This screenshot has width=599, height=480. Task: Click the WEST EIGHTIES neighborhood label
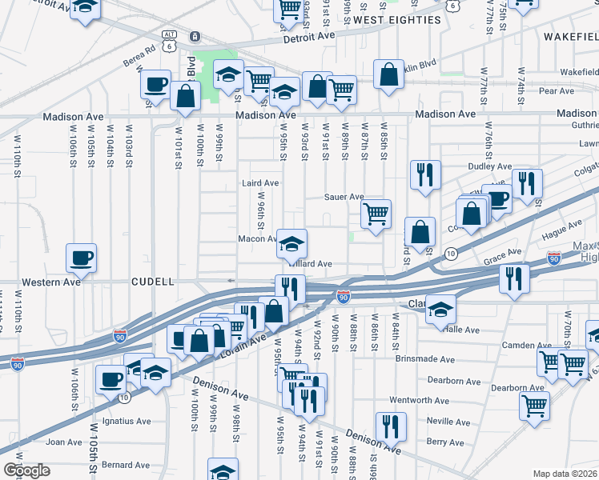pyautogui.click(x=397, y=20)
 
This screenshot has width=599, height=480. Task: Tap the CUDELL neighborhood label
pyautogui.click(x=153, y=282)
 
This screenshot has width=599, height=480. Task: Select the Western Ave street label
pyautogui.click(x=51, y=282)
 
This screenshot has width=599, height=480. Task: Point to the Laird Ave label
pyautogui.click(x=260, y=183)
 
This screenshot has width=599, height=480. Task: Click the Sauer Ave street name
pyautogui.click(x=344, y=197)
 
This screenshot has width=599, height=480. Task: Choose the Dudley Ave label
pyautogui.click(x=490, y=166)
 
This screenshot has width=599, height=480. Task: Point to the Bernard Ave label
pyautogui.click(x=126, y=465)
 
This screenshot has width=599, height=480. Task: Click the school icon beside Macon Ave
pyautogui.click(x=292, y=242)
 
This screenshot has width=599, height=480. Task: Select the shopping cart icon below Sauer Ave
pyautogui.click(x=376, y=214)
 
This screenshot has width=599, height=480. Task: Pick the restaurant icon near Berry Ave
pyautogui.click(x=391, y=425)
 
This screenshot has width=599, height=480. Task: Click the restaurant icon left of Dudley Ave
pyautogui.click(x=424, y=174)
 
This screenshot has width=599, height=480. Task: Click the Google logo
pyautogui.click(x=27, y=470)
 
